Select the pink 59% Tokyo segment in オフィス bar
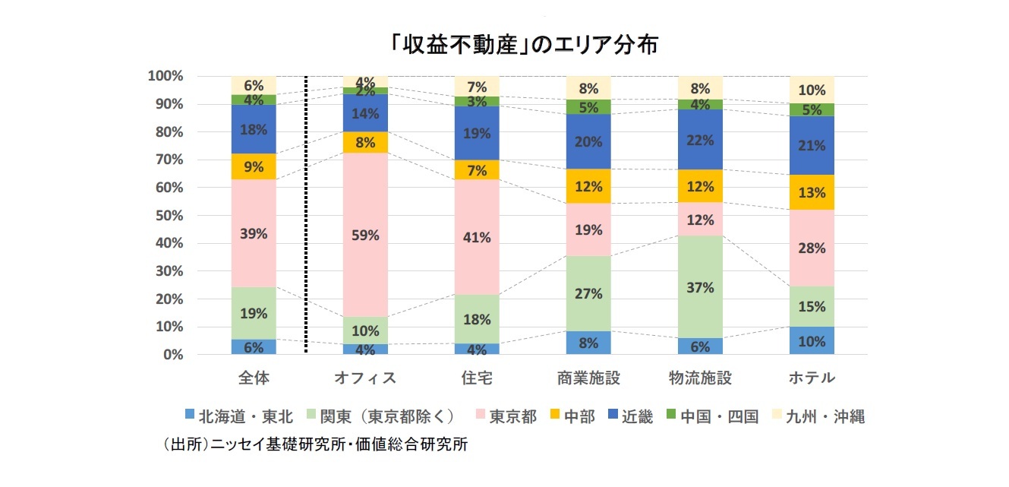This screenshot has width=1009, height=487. [365, 235]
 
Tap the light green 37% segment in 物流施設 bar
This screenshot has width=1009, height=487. [701, 287]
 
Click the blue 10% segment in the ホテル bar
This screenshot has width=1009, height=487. [812, 341]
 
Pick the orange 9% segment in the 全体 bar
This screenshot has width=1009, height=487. [254, 166]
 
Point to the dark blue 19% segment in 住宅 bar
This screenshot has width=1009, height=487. [477, 133]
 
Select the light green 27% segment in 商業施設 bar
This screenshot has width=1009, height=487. [588, 293]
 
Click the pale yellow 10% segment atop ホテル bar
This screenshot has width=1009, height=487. [812, 90]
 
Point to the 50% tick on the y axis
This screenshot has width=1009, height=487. [166, 216]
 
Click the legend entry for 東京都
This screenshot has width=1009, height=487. [504, 416]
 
